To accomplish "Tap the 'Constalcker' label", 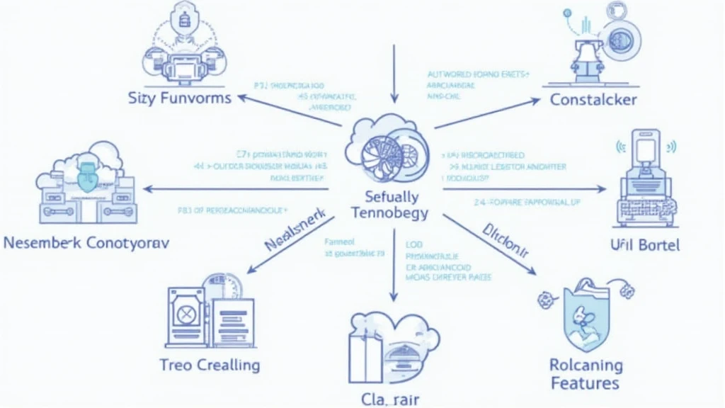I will click(x=593, y=100).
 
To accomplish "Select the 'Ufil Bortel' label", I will click(x=644, y=245).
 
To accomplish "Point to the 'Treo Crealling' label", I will click(x=209, y=365).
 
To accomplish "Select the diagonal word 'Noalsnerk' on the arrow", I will click(x=292, y=234).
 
